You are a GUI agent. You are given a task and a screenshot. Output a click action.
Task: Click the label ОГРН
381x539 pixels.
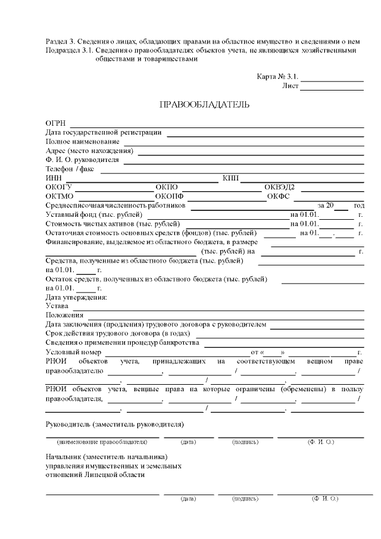[55, 123]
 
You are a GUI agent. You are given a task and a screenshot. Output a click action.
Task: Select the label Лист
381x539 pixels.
[290, 86]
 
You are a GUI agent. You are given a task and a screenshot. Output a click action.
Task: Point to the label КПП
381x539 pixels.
[230, 178]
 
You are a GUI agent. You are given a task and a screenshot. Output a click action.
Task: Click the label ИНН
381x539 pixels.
[54, 178]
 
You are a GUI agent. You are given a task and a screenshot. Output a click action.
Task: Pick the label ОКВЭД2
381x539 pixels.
[280, 187]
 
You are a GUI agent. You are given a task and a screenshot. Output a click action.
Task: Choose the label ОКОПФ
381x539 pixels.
[170, 196]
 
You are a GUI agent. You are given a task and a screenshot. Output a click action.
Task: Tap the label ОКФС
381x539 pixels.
[278, 196]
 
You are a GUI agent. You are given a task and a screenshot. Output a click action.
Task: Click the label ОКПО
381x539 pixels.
[167, 187]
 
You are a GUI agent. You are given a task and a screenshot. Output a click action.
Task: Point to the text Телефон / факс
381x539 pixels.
[71, 169]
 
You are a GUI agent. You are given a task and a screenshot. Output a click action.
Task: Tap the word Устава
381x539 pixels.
[57, 306]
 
